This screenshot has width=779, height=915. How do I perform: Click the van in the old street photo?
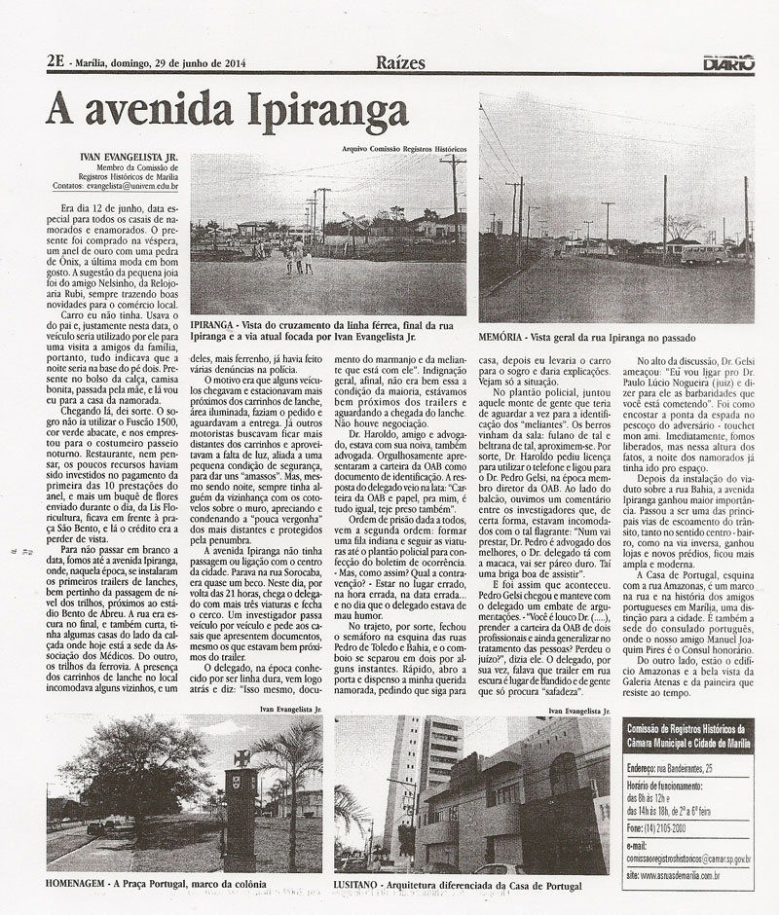705,253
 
